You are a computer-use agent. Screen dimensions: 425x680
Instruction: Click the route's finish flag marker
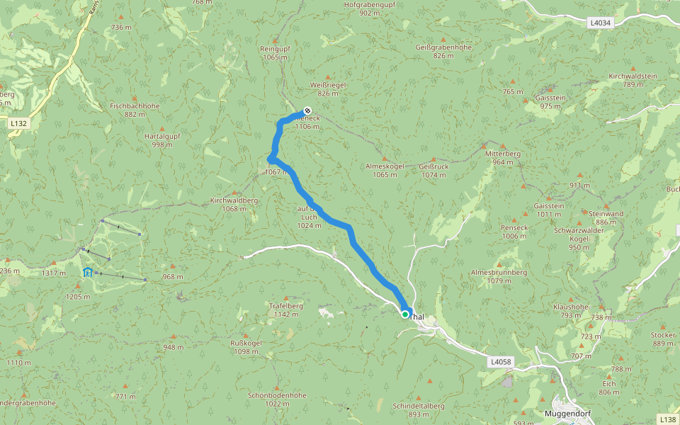(307, 110)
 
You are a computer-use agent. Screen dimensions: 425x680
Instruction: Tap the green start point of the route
(405, 314)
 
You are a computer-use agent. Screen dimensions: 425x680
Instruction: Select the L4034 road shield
(600, 23)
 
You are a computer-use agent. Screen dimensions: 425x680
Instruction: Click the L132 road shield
(19, 123)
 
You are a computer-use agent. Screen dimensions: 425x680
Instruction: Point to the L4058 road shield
(499, 361)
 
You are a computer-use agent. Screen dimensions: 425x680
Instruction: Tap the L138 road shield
(667, 419)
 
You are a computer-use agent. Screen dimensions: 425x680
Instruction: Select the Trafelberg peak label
(286, 306)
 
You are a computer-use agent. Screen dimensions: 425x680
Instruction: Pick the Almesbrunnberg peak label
(499, 272)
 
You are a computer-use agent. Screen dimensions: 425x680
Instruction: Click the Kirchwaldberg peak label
(234, 200)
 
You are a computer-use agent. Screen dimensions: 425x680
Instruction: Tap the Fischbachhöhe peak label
(135, 106)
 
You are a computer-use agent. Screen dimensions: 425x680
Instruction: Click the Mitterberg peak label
(503, 154)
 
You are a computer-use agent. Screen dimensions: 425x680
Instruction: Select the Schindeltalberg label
(419, 406)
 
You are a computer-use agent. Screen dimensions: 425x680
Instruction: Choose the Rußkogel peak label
(246, 343)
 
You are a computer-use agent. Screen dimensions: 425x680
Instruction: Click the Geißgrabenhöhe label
(443, 47)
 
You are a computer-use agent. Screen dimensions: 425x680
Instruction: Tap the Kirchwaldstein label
(633, 76)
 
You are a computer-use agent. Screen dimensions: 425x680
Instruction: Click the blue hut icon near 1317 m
(88, 273)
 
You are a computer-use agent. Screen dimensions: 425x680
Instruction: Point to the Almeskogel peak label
(385, 166)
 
